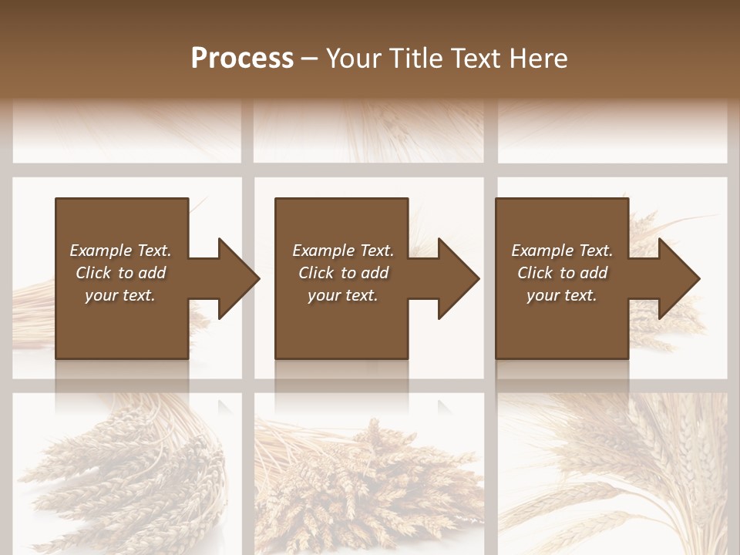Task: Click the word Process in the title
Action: (x=242, y=59)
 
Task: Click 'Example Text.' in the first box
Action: (x=120, y=251)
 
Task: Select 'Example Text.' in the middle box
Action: (x=343, y=251)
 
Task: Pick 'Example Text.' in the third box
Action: (x=562, y=251)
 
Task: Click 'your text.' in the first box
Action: (x=120, y=295)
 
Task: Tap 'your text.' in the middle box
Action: (x=343, y=295)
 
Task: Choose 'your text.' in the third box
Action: (x=562, y=295)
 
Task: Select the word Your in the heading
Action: (x=352, y=59)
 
